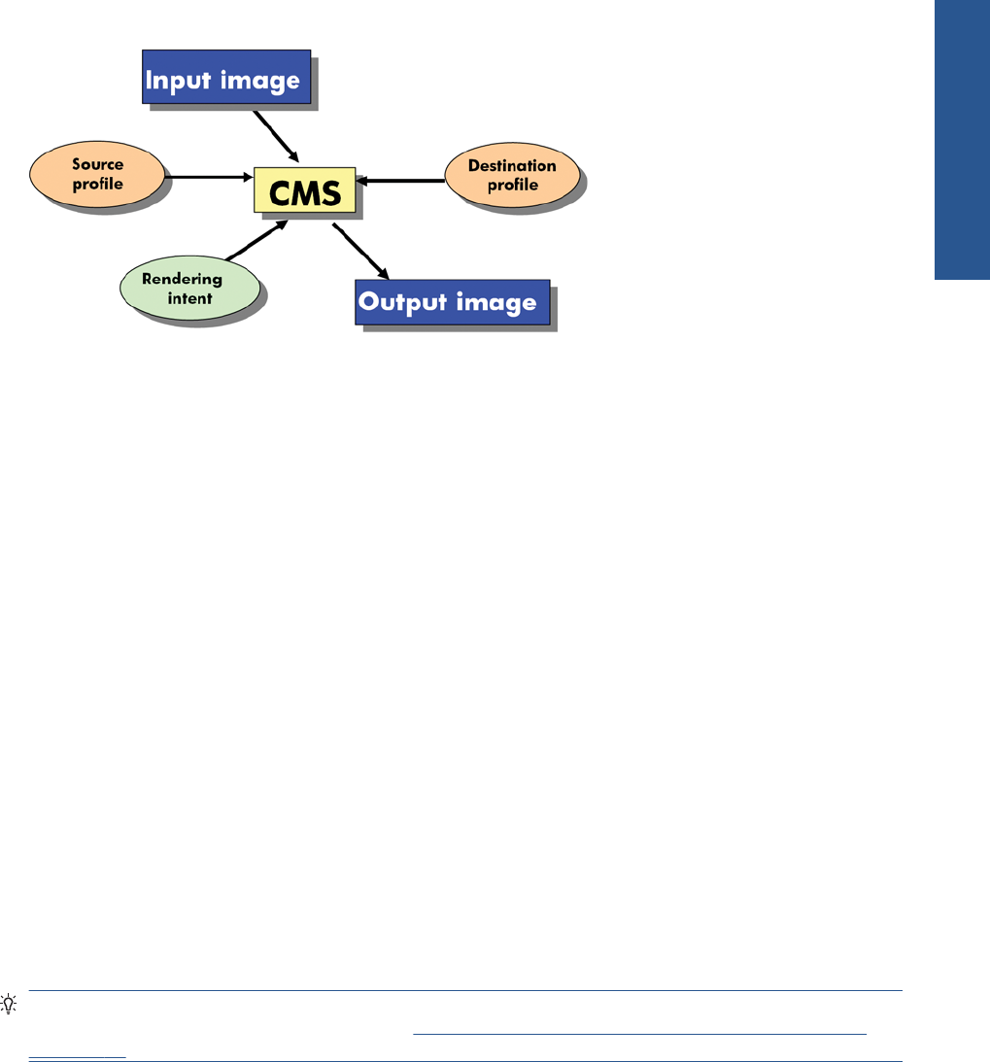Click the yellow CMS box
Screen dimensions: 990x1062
click(x=305, y=190)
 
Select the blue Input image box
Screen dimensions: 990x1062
click(x=226, y=77)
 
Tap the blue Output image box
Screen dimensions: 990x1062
click(x=453, y=302)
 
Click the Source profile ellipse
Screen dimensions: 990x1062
click(x=97, y=174)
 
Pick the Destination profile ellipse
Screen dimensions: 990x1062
click(x=513, y=175)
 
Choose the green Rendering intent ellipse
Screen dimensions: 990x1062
click(x=189, y=288)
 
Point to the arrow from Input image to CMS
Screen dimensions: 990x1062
click(x=276, y=136)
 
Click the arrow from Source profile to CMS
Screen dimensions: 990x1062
click(x=209, y=177)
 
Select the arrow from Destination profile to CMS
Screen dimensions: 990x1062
click(x=400, y=181)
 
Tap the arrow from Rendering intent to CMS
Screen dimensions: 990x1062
click(x=256, y=240)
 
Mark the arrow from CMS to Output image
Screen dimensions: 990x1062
click(x=360, y=252)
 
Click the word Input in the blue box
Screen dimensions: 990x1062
click(x=179, y=81)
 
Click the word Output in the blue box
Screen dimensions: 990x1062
click(x=403, y=302)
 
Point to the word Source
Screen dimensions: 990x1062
click(x=97, y=164)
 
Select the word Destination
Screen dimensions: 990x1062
click(x=512, y=165)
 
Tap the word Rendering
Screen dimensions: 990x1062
click(x=182, y=279)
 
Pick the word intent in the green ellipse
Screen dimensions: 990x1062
click(x=189, y=298)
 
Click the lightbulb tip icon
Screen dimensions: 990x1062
click(x=8, y=1003)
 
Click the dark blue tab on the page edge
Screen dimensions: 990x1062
click(x=962, y=140)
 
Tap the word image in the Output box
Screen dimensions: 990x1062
click(x=496, y=303)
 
